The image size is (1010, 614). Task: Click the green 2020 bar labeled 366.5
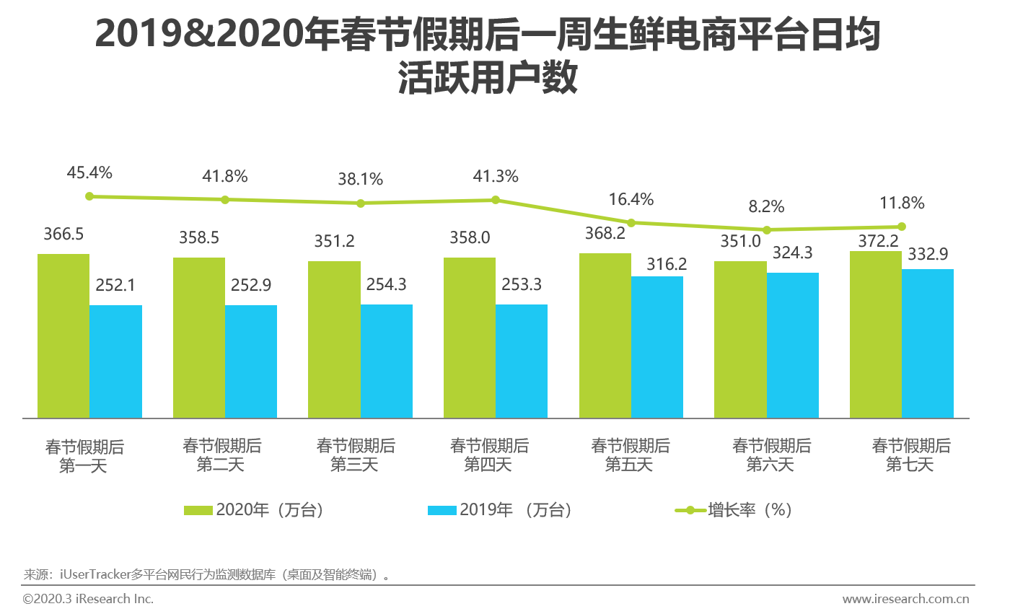coord(63,335)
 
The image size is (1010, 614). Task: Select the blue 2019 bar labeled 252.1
coord(115,361)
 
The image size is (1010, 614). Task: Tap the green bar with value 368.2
coord(605,335)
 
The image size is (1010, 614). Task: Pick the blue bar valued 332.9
coord(928,343)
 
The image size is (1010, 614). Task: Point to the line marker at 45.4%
coord(89,196)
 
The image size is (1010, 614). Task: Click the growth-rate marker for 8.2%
coord(767,230)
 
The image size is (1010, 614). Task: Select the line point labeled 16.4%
coord(631,222)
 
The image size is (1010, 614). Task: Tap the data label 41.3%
coord(496,176)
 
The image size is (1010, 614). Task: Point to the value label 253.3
coord(522,284)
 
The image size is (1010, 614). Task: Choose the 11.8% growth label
coord(901,203)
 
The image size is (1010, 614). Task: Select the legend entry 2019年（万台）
coord(501,510)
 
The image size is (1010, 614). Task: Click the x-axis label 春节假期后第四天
coord(489,455)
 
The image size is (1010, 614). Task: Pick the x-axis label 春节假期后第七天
coord(910,455)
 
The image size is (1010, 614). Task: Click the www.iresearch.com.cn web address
coord(905,599)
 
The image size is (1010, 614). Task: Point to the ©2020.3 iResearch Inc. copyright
coord(88,599)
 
